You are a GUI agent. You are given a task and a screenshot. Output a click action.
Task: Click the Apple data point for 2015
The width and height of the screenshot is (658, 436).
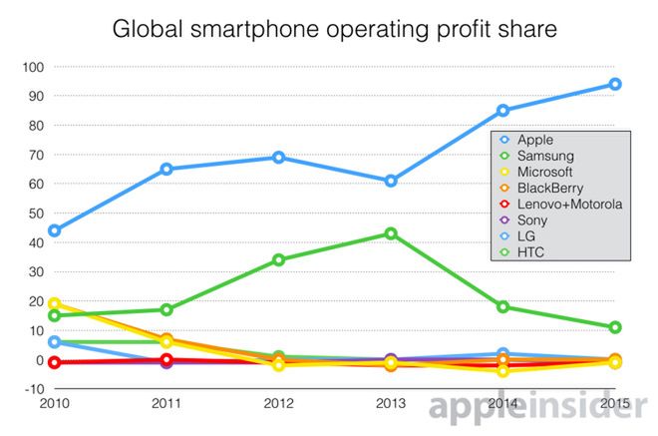(615, 84)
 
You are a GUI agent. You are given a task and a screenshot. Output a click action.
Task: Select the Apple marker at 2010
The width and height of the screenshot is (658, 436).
(54, 230)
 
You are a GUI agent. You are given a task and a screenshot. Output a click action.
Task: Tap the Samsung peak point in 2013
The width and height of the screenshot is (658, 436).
(391, 233)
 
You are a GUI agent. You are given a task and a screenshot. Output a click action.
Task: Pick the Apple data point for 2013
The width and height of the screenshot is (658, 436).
(391, 181)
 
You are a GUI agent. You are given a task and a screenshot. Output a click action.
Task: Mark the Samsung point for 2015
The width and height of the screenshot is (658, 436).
(615, 327)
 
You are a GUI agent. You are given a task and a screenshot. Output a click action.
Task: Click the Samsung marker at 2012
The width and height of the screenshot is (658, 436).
(278, 259)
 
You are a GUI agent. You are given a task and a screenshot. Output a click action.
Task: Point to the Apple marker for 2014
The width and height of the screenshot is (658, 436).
(503, 111)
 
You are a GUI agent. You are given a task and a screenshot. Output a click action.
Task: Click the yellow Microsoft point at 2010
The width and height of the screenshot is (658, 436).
(54, 303)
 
